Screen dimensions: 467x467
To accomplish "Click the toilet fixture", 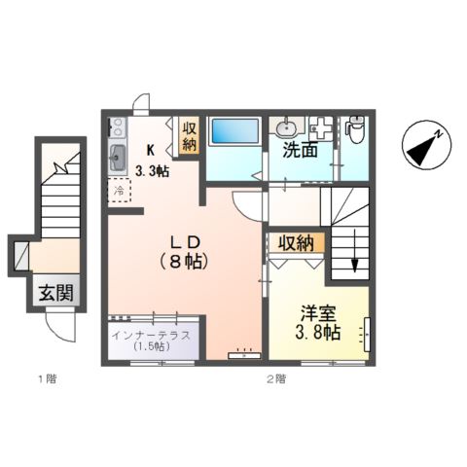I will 355,128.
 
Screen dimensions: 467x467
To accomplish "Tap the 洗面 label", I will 299,152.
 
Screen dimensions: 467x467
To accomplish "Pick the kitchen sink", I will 119,156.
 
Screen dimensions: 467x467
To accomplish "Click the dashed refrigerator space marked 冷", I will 119,192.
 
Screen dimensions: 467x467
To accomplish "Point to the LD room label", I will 185,240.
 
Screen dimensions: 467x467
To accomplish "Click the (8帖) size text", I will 185,261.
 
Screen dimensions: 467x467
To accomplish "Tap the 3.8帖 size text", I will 319,333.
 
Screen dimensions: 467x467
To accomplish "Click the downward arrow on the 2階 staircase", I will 354,265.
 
